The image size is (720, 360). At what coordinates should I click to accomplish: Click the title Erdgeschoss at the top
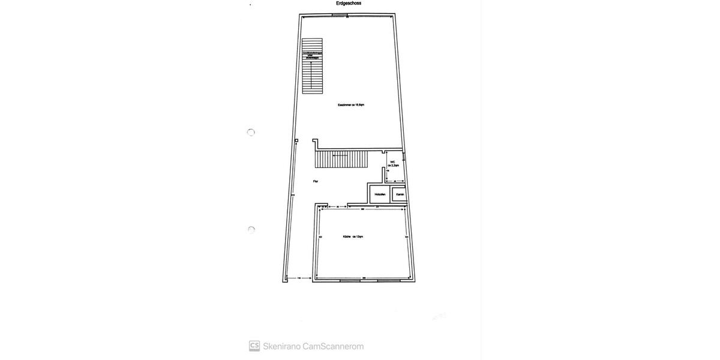tap(348, 3)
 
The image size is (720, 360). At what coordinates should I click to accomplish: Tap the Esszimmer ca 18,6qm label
tap(351, 105)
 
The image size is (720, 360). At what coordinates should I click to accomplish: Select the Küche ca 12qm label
tap(353, 236)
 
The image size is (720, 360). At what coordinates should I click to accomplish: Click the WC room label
tap(392, 163)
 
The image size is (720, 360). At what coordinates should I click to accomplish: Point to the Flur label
tap(315, 181)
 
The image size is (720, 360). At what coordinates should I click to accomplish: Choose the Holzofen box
tap(379, 194)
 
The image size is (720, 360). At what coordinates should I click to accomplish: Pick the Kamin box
tap(400, 194)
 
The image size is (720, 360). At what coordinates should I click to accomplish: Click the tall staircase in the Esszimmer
tap(312, 66)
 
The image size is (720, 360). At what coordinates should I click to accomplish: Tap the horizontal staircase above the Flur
tap(341, 160)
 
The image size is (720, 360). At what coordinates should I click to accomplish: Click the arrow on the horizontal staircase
tap(340, 155)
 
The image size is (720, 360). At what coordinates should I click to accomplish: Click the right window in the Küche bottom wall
tap(388, 281)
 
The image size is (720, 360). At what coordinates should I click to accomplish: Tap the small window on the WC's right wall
tap(404, 160)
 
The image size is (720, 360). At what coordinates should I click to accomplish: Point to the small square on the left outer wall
tap(296, 142)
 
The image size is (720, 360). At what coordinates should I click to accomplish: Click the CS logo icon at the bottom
tap(254, 346)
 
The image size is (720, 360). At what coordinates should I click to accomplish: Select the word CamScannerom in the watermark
tap(333, 346)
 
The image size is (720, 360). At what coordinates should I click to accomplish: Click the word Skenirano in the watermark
tap(281, 346)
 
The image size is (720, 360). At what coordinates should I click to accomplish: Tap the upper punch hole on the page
tap(251, 132)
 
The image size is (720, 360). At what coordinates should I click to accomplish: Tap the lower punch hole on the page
tap(251, 229)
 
